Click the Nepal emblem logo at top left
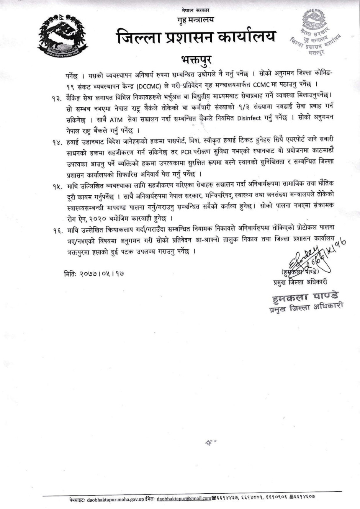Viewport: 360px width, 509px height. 64,35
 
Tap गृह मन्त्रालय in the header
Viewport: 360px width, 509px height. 196,19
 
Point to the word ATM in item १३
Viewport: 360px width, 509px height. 116,119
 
